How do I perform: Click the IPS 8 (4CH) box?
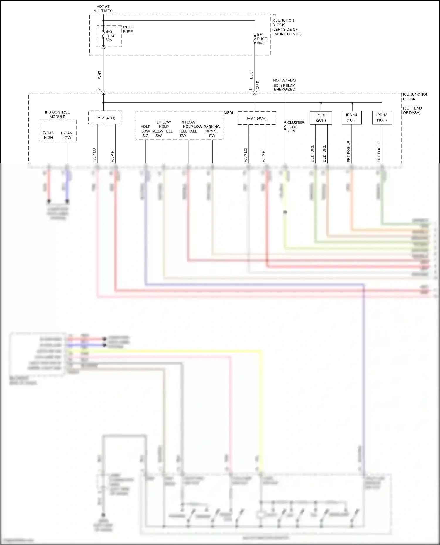pyautogui.click(x=105, y=118)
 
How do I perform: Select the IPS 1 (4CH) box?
pyautogui.click(x=256, y=118)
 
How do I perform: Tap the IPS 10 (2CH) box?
pyautogui.click(x=321, y=117)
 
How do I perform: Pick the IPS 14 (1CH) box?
pyautogui.click(x=351, y=117)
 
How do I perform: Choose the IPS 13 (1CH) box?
pyautogui.click(x=382, y=117)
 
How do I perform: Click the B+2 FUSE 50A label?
pyautogui.click(x=110, y=36)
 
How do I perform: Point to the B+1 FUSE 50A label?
pyautogui.click(x=262, y=39)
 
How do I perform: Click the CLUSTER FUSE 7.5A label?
pyautogui.click(x=295, y=127)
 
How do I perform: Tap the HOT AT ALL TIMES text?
pyautogui.click(x=103, y=8)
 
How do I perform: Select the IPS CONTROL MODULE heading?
pyautogui.click(x=57, y=114)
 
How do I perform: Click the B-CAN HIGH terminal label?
pyautogui.click(x=48, y=135)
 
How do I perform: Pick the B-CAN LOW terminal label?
pyautogui.click(x=67, y=135)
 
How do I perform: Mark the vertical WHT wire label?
pyautogui.click(x=99, y=75)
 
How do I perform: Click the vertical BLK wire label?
pyautogui.click(x=251, y=76)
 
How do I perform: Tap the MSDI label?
pyautogui.click(x=228, y=113)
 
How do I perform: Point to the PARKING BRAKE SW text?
pyautogui.click(x=212, y=131)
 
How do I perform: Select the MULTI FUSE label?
pyautogui.click(x=128, y=29)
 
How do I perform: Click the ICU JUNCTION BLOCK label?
pyautogui.click(x=415, y=97)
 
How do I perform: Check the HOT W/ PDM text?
pyautogui.click(x=284, y=80)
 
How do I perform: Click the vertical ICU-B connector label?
pyautogui.click(x=258, y=85)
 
